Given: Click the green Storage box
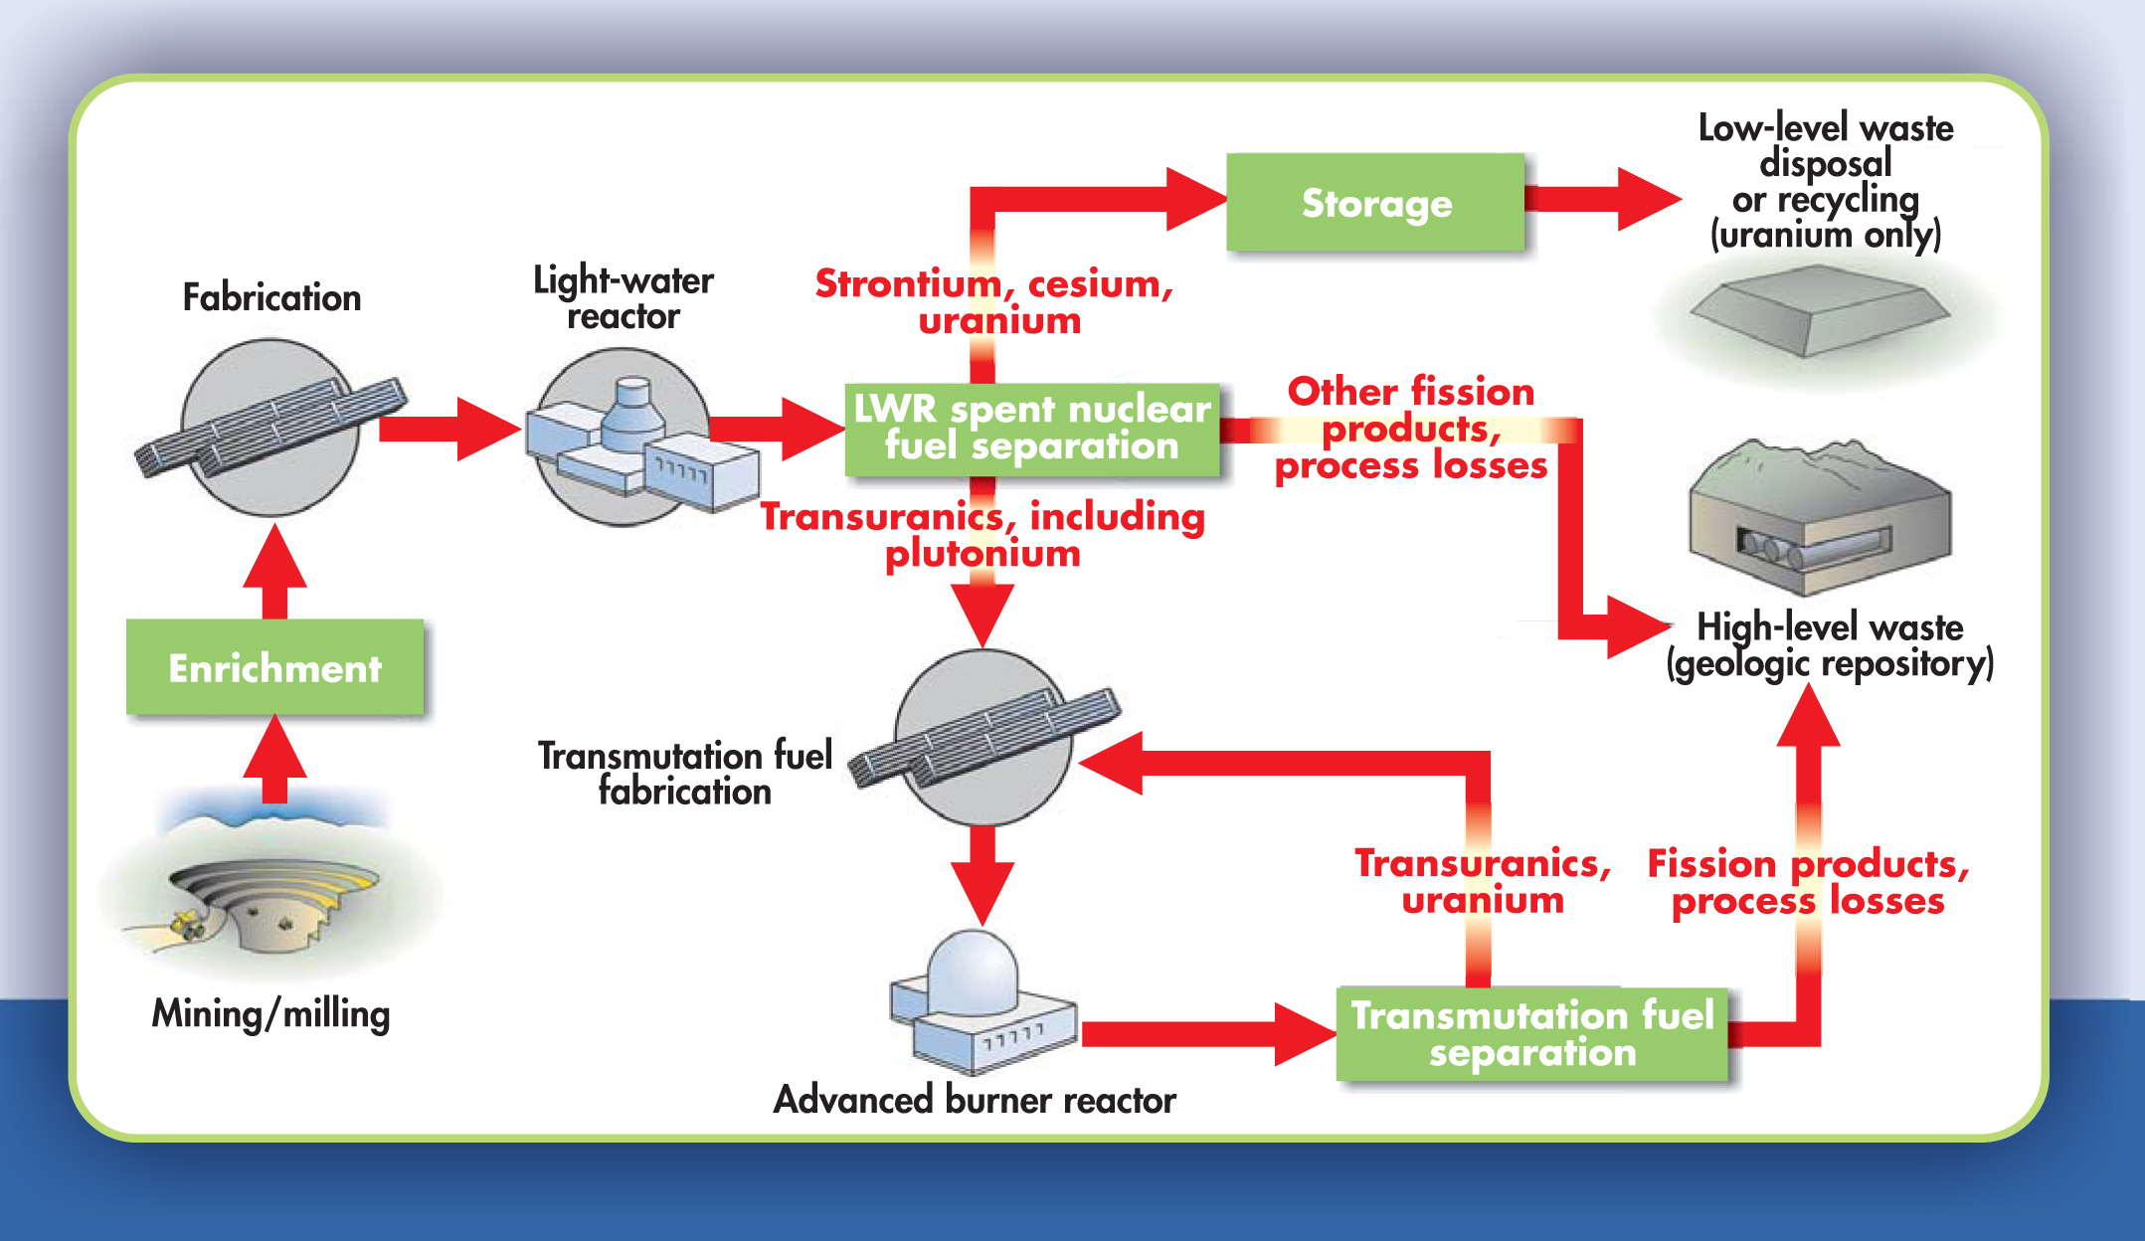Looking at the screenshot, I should pos(1375,203).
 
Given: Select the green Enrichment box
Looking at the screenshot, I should pos(274,667).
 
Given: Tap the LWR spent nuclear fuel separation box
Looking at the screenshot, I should pos(1032,429).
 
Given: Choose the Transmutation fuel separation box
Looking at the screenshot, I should pos(1531,1033).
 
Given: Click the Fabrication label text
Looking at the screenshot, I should pos(271,297).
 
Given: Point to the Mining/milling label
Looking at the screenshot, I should pos(270,1013).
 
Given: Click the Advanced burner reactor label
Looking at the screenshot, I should pos(975,1100).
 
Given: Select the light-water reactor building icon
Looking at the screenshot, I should pos(636,443).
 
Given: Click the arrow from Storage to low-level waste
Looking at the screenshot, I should pos(1601,199).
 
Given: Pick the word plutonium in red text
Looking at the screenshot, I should pos(983,554).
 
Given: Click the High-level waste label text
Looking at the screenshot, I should pos(1830,627).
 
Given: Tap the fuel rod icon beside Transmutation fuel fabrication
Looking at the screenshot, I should pos(984,736).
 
